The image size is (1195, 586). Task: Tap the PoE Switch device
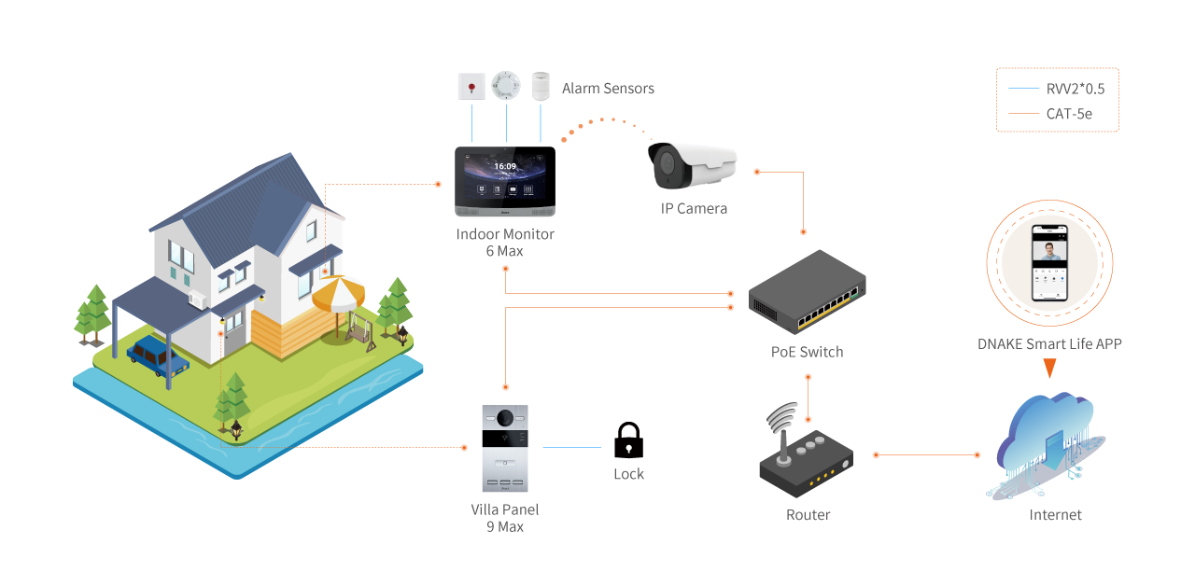pos(808,291)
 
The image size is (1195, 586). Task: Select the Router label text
pos(808,515)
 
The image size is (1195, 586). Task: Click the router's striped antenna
pos(782,425)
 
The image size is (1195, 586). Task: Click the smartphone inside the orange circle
pos(1049,260)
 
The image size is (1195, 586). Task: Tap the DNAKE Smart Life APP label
pos(1049,343)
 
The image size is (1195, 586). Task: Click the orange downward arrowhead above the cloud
pos(1049,369)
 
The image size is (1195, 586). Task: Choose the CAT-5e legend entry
pos(1069,114)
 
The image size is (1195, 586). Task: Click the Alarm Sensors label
pos(608,89)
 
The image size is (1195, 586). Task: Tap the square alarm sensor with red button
pos(471,87)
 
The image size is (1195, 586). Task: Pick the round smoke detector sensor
pos(506,86)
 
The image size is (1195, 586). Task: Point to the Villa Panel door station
pos(504,448)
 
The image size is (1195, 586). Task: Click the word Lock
pos(628,474)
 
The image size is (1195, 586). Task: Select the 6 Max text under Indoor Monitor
pos(504,251)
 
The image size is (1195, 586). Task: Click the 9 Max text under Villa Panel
pos(504,526)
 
